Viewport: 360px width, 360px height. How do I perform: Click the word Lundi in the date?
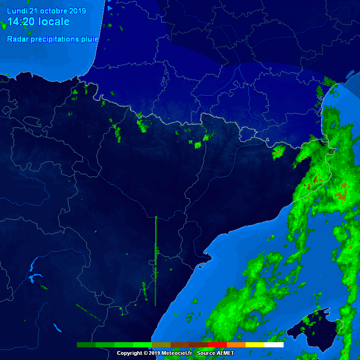tap(17, 11)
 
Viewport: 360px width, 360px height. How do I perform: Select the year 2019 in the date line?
tap(77, 11)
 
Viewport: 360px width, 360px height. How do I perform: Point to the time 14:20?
tap(20, 22)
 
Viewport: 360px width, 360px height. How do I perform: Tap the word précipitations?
tap(55, 39)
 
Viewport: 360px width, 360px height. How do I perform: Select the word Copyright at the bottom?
tap(129, 353)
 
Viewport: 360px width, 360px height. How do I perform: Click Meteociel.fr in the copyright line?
tap(176, 353)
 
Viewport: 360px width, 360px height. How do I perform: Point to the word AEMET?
tap(225, 353)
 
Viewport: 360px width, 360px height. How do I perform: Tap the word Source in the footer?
tap(206, 353)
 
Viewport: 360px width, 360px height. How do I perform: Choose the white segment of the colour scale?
tap(274, 345)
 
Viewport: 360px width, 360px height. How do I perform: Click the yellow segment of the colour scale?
tap(255, 345)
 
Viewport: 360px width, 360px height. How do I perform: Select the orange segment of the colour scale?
tap(236, 345)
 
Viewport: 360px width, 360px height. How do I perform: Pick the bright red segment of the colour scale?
tap(217, 345)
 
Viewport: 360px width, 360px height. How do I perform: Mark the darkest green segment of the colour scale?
tap(86, 345)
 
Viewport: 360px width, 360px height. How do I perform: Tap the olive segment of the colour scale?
tap(161, 345)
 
